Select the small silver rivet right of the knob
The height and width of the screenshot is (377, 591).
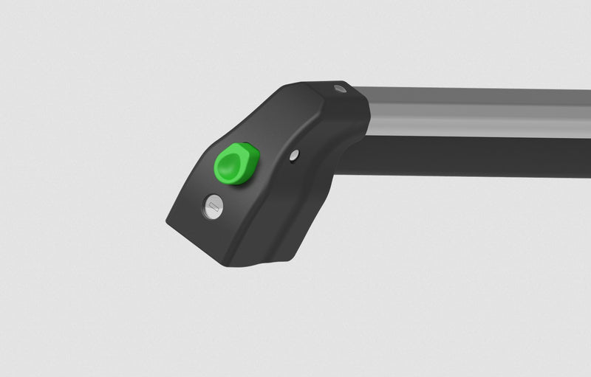pos(294,155)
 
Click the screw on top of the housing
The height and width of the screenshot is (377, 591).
pos(339,89)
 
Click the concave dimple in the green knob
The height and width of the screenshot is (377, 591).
pos(232,164)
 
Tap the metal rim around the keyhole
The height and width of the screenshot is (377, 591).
pos(207,199)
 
